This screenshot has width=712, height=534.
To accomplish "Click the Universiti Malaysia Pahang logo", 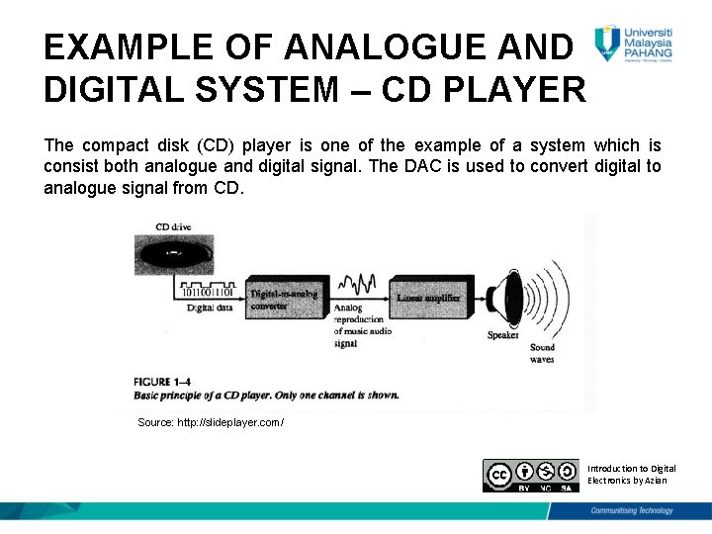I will click(x=634, y=44).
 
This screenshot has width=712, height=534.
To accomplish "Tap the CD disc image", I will click(x=173, y=254).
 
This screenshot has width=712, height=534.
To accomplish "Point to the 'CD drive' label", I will click(x=173, y=226).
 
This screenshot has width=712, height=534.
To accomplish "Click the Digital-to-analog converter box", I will click(x=286, y=298).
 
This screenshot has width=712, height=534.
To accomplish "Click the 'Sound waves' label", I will click(x=542, y=353).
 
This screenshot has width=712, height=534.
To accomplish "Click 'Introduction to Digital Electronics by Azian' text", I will click(x=632, y=474).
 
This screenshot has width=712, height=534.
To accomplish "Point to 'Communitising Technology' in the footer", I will click(x=632, y=510).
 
